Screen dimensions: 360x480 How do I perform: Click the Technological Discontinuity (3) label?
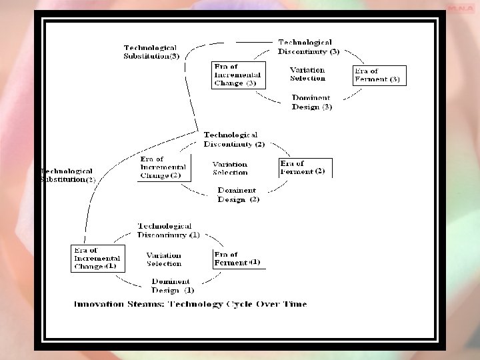(309, 47)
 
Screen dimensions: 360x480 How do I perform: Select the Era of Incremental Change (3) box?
(236, 75)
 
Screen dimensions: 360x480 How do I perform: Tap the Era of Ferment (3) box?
(379, 75)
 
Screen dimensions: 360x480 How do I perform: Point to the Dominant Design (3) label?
(312, 102)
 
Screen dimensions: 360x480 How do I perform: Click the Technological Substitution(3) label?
(152, 52)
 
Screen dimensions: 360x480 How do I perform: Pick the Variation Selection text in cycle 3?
(307, 74)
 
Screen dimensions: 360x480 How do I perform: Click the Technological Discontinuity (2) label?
(234, 139)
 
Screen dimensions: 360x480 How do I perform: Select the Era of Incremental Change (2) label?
(163, 167)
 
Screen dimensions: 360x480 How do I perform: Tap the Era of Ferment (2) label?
(303, 167)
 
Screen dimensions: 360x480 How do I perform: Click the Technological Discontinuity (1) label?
(168, 231)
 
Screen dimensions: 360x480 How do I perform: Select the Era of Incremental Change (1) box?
(97, 258)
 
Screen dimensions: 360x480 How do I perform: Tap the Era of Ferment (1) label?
(237, 259)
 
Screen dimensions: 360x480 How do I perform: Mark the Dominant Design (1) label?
(172, 285)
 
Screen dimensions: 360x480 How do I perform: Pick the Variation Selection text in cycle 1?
(163, 259)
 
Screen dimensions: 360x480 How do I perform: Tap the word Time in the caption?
(293, 304)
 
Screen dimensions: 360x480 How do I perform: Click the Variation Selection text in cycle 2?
(230, 168)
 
